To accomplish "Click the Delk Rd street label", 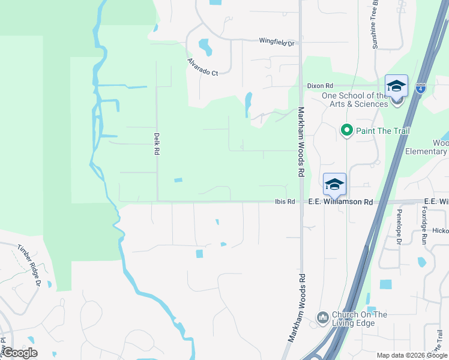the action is [x=155, y=144].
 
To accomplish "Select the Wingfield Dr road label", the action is [x=278, y=42].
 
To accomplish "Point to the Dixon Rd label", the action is [x=319, y=86].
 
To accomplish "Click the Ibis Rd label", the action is [x=285, y=202].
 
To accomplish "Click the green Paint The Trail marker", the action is [x=346, y=130].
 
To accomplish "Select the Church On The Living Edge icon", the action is [x=323, y=316].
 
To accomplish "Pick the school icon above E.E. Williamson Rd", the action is [x=334, y=184].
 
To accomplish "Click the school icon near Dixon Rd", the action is [x=397, y=86].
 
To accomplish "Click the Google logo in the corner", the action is [x=20, y=353].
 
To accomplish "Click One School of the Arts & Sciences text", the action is [x=355, y=100].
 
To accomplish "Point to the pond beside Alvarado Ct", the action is [x=204, y=46].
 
